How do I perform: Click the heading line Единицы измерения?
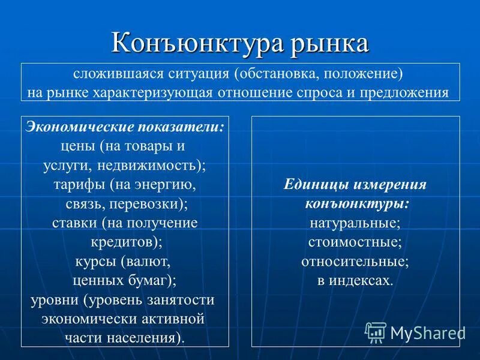tap(355, 185)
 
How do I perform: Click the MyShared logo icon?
tap(376, 332)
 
